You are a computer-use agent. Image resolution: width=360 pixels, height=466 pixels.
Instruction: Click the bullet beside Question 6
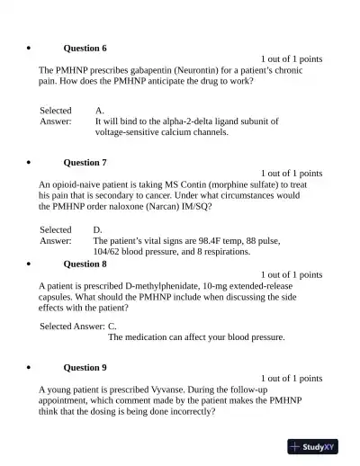pos(31,48)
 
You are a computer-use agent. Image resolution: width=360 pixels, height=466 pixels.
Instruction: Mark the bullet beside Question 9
pos(31,368)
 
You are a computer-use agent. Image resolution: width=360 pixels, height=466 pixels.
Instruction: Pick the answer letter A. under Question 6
pos(100,110)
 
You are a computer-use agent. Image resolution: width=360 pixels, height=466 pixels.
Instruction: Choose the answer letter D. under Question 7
pos(99,230)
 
